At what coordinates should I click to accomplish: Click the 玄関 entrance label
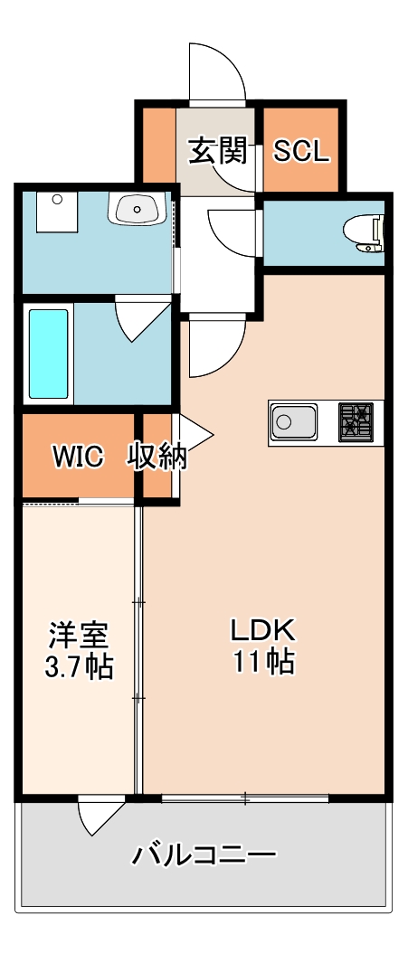[x=217, y=150]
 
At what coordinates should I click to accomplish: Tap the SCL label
[x=302, y=150]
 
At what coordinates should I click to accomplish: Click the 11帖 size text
[x=263, y=662]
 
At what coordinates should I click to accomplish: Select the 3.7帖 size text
[x=79, y=667]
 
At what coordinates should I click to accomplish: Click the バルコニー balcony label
[x=204, y=854]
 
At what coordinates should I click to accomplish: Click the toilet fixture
[x=366, y=231]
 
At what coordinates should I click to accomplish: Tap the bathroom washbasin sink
[x=137, y=209]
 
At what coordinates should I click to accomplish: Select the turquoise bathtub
[x=48, y=354]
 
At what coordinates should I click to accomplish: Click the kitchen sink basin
[x=292, y=421]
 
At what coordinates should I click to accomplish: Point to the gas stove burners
[x=356, y=421]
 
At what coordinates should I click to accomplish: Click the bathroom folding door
[x=143, y=319]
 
